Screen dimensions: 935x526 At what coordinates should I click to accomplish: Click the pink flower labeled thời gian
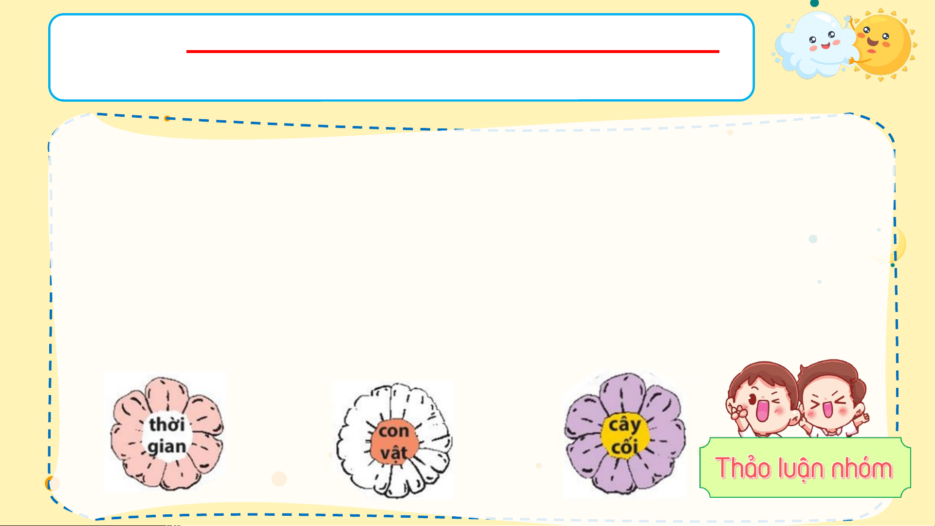click(166, 433)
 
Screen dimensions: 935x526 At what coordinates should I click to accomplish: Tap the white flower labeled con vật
click(394, 440)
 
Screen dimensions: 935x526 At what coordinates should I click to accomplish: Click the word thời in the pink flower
click(166, 424)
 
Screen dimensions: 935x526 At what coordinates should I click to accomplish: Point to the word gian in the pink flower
click(166, 447)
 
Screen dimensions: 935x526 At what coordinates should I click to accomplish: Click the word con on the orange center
click(394, 431)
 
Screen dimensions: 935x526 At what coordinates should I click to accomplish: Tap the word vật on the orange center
click(393, 453)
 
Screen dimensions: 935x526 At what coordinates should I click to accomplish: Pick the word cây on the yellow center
click(624, 425)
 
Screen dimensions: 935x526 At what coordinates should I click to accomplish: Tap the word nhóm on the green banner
click(862, 468)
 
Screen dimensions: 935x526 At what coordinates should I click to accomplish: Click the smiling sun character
click(882, 45)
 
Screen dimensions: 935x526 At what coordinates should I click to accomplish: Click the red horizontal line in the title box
click(453, 51)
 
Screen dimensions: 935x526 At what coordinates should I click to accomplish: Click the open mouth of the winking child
click(762, 410)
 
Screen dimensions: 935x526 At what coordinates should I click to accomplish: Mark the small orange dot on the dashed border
click(167, 118)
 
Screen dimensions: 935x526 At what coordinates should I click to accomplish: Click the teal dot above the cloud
click(814, 3)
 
